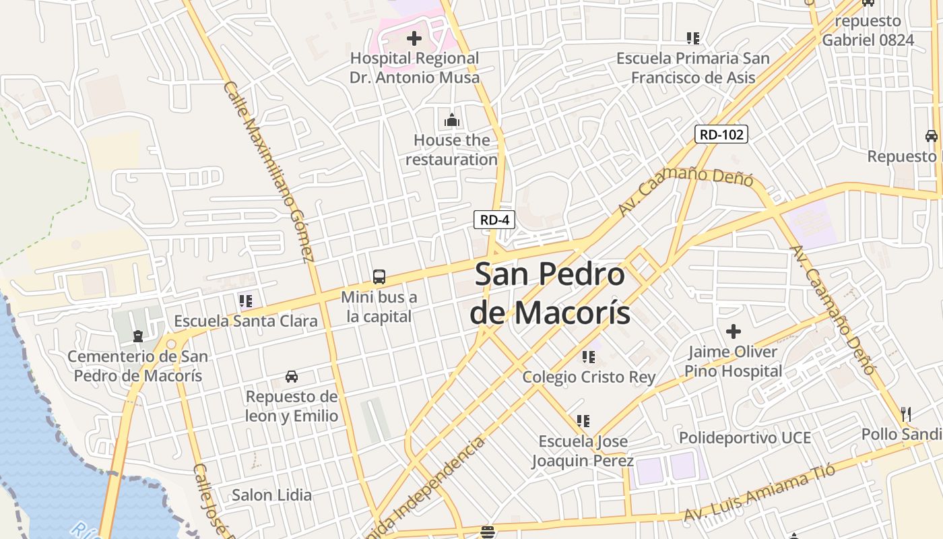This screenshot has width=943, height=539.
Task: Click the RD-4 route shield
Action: pos(494,220)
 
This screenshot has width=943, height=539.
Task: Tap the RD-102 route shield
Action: pos(721,134)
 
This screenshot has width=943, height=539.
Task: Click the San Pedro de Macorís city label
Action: pos(550,294)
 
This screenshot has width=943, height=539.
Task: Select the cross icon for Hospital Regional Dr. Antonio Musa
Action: pos(414,38)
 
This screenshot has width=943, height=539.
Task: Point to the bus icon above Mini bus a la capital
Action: pos(379,276)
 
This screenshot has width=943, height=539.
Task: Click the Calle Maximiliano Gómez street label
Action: pos(269,171)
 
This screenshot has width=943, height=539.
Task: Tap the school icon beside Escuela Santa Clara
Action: pos(246,300)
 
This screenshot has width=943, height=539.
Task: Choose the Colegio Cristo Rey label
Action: pos(589,377)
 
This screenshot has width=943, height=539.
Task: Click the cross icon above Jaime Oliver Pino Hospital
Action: pos(734,331)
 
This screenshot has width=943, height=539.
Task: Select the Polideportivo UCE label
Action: pos(744,438)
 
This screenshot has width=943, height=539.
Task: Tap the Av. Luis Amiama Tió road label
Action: pos(759,494)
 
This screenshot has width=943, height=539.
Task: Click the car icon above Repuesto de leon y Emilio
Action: pos(292,376)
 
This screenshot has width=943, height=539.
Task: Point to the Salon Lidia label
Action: pos(271,495)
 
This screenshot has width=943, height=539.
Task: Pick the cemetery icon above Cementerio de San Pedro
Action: pos(138,336)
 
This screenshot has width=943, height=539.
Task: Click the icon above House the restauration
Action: pos(452,121)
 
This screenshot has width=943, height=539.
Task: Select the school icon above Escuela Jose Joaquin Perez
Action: pos(583,421)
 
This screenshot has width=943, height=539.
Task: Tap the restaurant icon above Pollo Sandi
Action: pos(906,414)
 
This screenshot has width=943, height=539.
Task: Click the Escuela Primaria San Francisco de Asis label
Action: pos(693,67)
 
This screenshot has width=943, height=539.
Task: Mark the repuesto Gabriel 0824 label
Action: pos(868,30)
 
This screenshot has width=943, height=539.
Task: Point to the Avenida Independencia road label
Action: pos(442,485)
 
